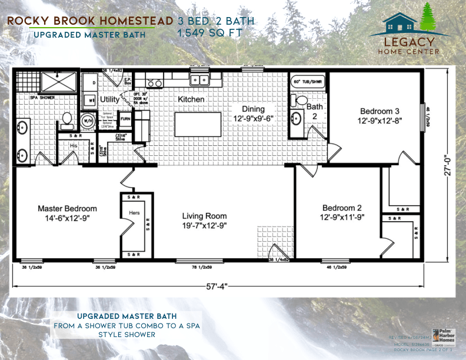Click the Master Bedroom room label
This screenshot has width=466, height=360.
tap(67, 208)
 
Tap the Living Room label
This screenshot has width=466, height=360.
tap(204, 216)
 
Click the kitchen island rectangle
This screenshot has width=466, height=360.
tap(202, 124)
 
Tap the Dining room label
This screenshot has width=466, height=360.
tap(253, 109)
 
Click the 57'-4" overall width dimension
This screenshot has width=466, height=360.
tap(215, 286)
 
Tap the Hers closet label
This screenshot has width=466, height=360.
tap(134, 212)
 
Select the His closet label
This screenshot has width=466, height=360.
tap(73, 145)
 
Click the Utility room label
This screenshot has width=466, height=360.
tap(109, 99)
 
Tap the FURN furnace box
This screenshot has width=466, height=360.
tap(125, 118)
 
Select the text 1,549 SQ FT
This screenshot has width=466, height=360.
tap(209, 34)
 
